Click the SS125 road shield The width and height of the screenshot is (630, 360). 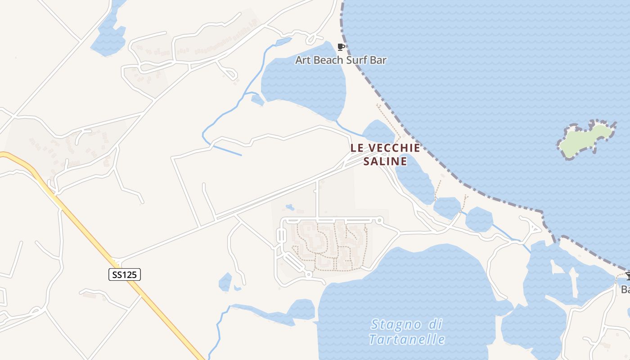(x=125, y=274)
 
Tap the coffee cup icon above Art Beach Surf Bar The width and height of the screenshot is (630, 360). (x=341, y=47)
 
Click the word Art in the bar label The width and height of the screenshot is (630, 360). (x=303, y=60)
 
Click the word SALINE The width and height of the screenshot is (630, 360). (x=385, y=161)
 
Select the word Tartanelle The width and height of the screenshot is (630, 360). (x=407, y=339)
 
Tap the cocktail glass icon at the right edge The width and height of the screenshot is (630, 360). (x=628, y=276)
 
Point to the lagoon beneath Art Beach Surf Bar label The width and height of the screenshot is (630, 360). (x=304, y=85)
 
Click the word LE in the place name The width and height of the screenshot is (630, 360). (x=357, y=148)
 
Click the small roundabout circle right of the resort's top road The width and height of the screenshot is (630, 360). (x=379, y=220)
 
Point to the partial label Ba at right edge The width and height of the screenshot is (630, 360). (x=625, y=289)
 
